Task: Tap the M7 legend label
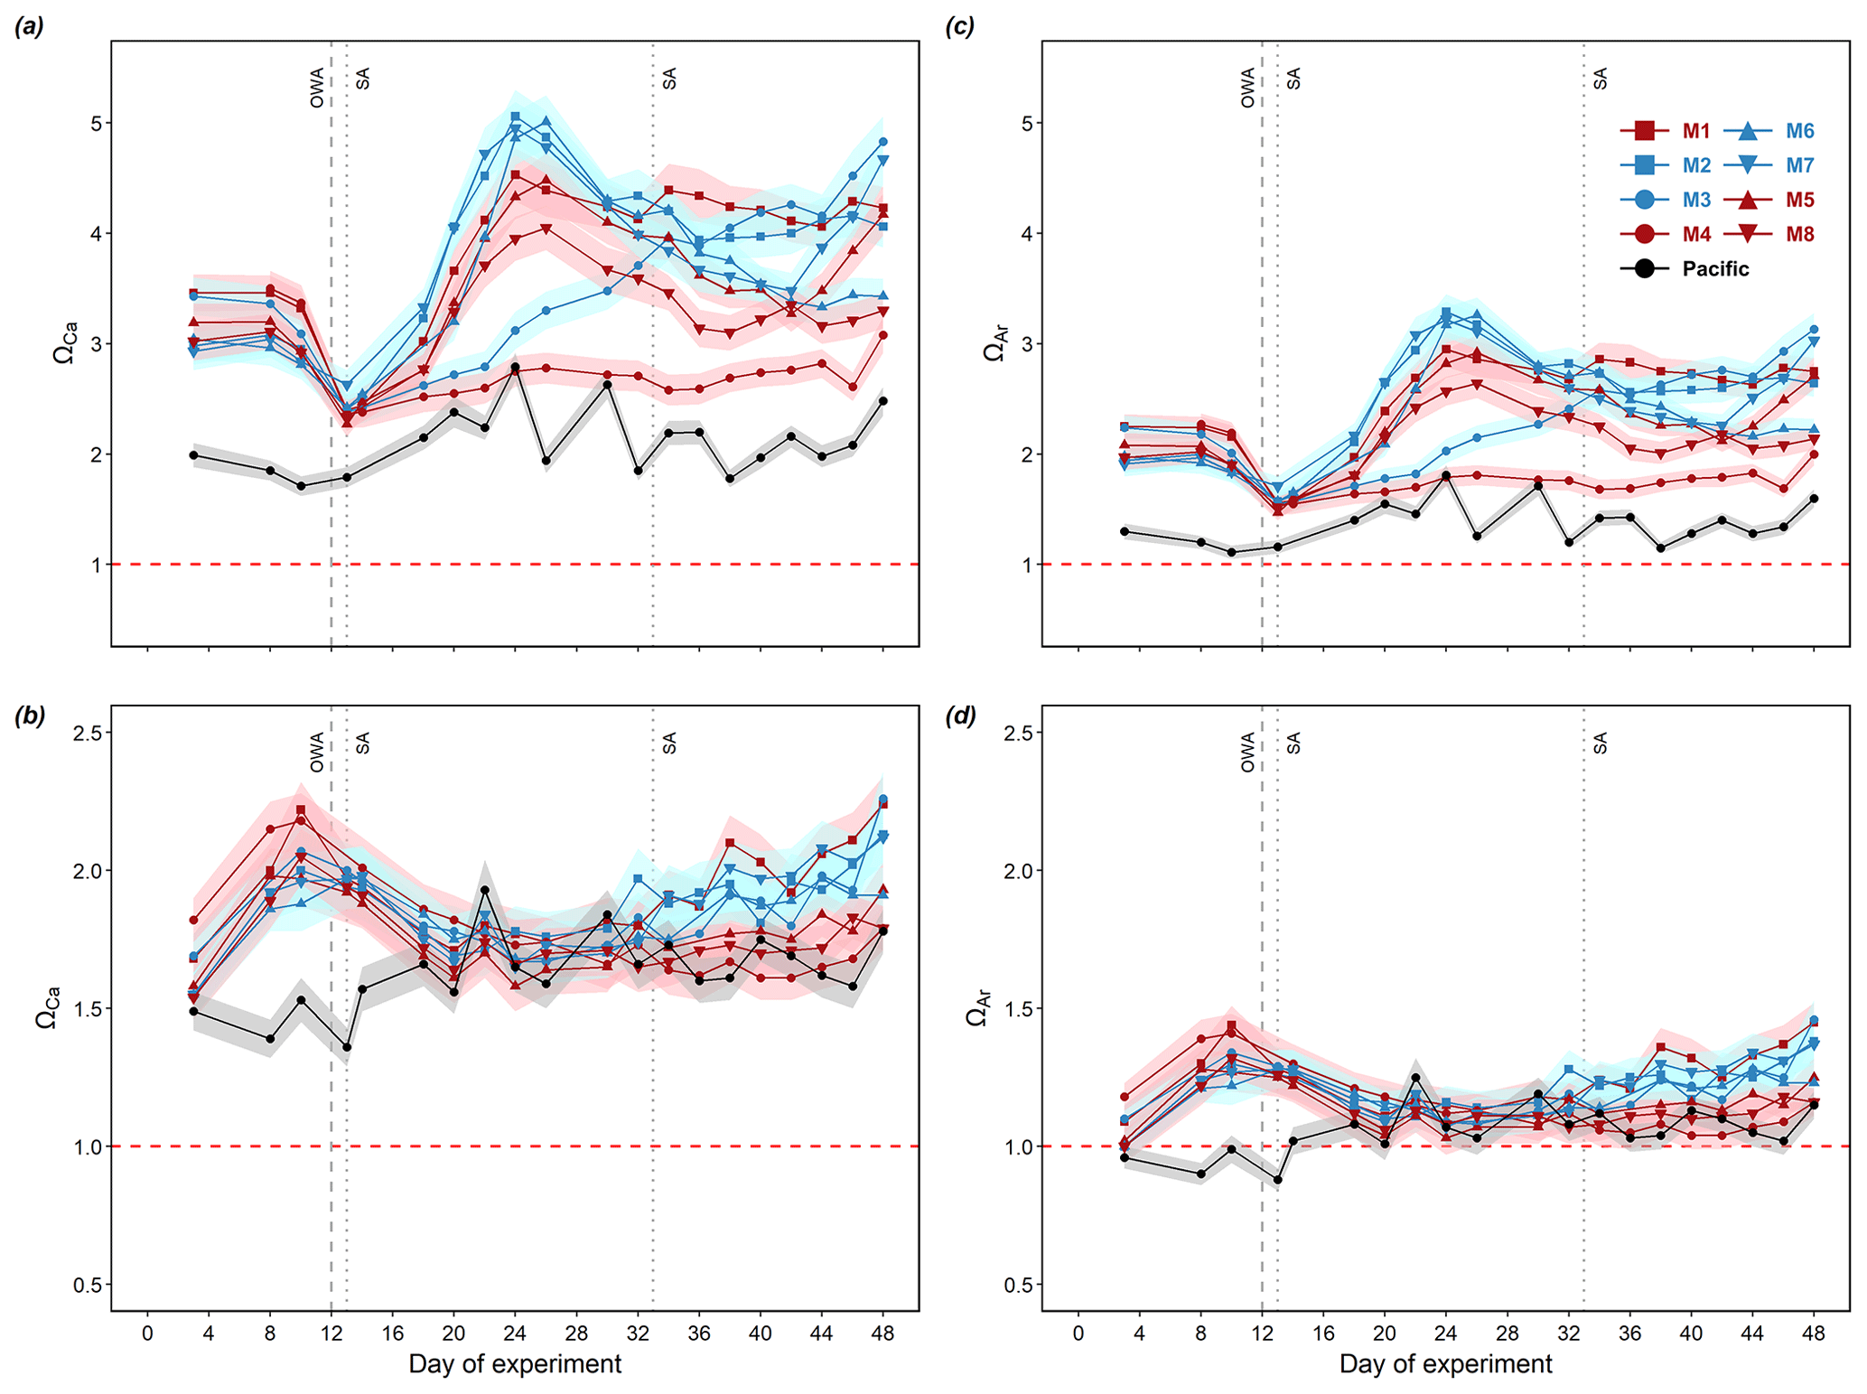(x=1799, y=165)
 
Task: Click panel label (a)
(x=29, y=27)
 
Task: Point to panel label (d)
(x=959, y=716)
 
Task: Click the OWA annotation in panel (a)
(x=317, y=88)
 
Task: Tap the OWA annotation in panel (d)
(x=1248, y=752)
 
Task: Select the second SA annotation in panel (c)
(x=1601, y=79)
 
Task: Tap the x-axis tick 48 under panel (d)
(x=1814, y=1333)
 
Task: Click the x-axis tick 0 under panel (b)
(x=147, y=1333)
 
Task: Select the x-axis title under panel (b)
(x=515, y=1364)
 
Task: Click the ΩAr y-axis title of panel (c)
(x=994, y=343)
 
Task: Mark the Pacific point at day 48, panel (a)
(x=883, y=401)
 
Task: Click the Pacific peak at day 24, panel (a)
(x=515, y=368)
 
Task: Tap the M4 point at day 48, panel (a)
(x=883, y=335)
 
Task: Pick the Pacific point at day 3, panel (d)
(x=1125, y=1157)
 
